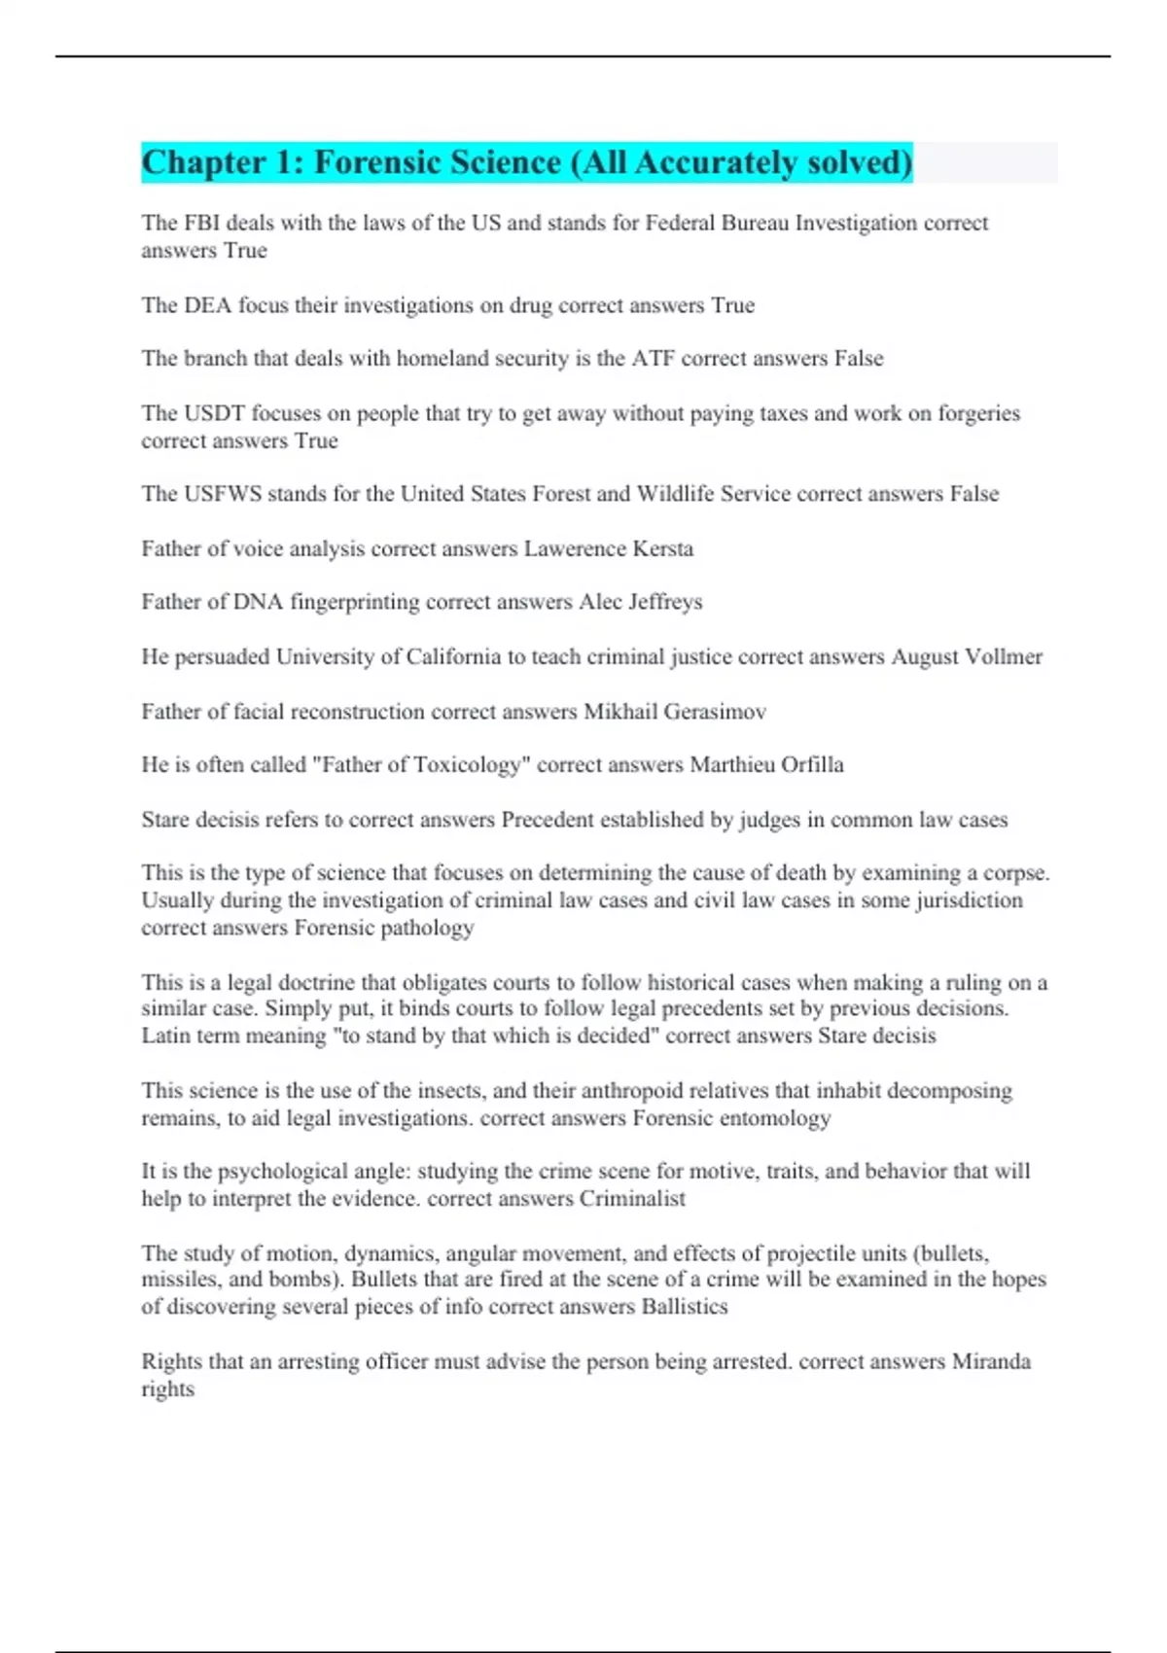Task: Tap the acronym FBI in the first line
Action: (202, 223)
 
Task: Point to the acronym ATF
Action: (654, 359)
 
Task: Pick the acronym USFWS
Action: (223, 494)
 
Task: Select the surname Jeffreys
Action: (665, 603)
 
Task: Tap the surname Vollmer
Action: (1004, 657)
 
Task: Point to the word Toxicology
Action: (468, 765)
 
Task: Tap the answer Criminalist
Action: (632, 1199)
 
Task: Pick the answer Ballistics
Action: (685, 1307)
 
